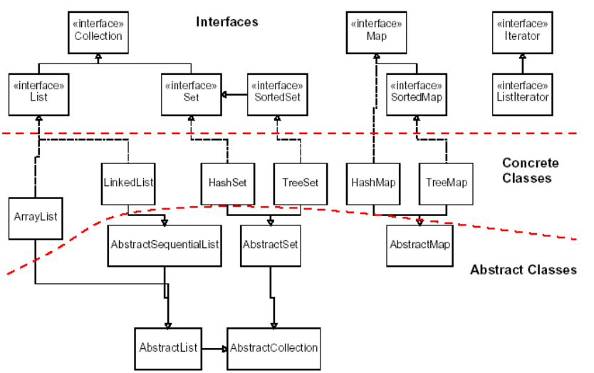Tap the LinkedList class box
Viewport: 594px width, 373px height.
tap(129, 183)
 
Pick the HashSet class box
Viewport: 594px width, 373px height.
tap(227, 183)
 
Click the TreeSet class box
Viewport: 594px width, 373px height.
tap(300, 183)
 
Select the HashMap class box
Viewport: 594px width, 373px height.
tap(373, 183)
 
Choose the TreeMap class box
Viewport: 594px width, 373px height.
tap(447, 183)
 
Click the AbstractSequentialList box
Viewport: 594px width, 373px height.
tap(165, 245)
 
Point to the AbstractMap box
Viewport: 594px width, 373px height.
tap(420, 245)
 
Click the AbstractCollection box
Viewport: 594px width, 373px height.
tap(274, 348)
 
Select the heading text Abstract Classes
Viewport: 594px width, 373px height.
tap(523, 270)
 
